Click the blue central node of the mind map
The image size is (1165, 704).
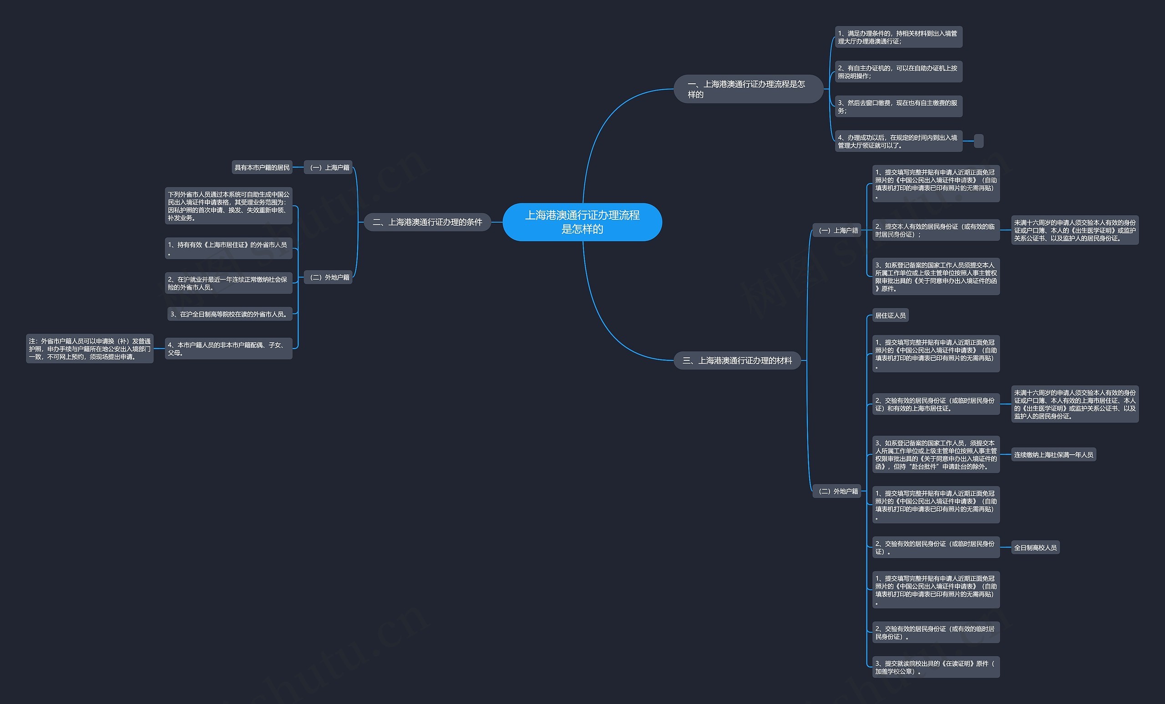[x=582, y=222]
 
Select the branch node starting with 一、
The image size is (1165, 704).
[x=749, y=89]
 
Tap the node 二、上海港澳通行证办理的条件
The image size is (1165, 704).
[x=427, y=222]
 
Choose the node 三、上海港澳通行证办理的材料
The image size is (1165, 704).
[x=737, y=360]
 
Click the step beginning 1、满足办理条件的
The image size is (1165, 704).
[x=898, y=37]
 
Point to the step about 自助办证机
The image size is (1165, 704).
[x=898, y=72]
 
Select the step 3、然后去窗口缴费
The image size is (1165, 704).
[x=898, y=106]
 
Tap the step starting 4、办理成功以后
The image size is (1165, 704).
[x=898, y=141]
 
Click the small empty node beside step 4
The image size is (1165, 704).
[x=979, y=141]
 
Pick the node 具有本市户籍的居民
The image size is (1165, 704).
[x=262, y=167]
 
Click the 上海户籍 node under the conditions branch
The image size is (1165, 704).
[x=329, y=167]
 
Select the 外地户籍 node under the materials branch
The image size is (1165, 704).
[x=837, y=491]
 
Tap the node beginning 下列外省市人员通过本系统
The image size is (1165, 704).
[x=228, y=206]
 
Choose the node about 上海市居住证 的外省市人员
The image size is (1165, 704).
[x=228, y=248]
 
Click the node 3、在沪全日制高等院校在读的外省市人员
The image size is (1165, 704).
[x=230, y=314]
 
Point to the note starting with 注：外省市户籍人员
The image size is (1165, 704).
[x=90, y=349]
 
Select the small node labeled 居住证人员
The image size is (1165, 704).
[x=890, y=315]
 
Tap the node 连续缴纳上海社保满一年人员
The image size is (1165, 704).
[x=1054, y=454]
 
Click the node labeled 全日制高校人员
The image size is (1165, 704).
[x=1035, y=547]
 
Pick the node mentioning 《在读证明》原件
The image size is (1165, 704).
[x=936, y=667]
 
